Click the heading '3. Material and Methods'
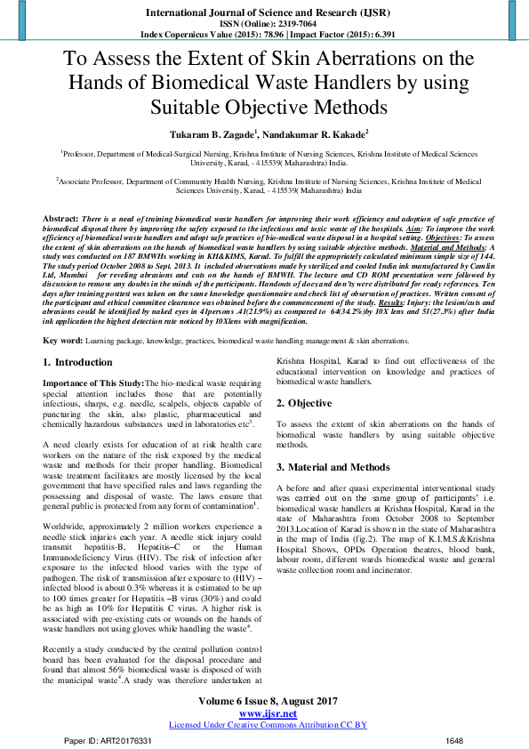(x=333, y=467)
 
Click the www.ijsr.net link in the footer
(x=268, y=714)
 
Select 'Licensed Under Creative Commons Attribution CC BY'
(x=268, y=725)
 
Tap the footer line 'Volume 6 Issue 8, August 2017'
(x=268, y=703)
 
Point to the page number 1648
(x=454, y=740)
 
